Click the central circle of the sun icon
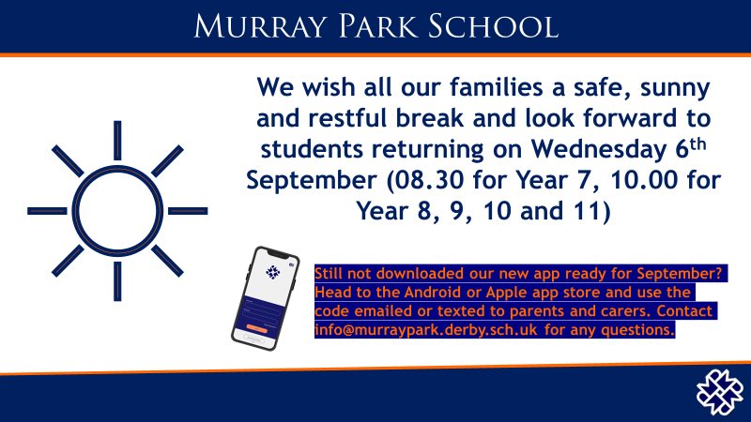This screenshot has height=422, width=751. point(117,209)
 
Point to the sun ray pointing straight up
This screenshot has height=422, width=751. point(117,140)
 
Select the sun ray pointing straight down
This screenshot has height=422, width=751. point(117,279)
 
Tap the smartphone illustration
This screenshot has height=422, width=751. point(265,298)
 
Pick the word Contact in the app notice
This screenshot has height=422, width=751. point(683,311)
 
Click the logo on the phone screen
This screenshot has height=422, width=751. point(272,273)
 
